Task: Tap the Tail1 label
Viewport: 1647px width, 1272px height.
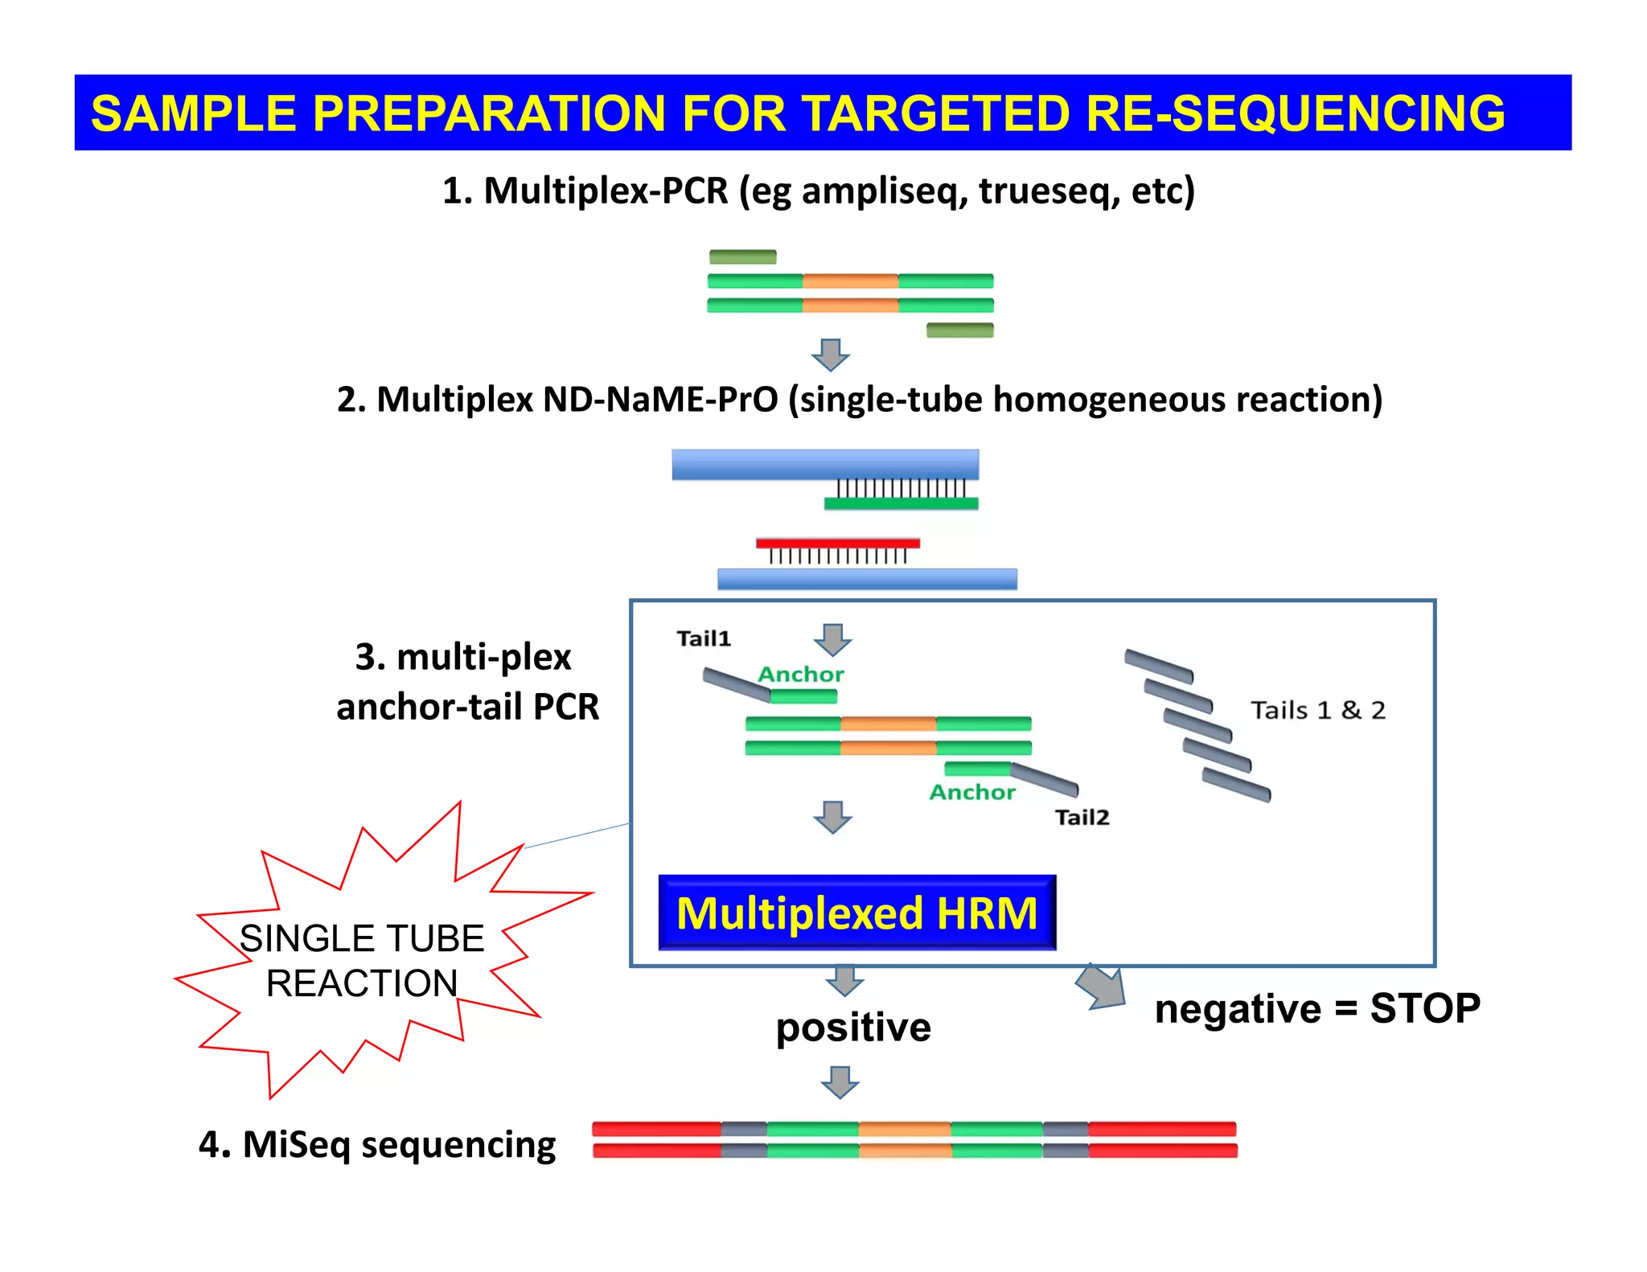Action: click(x=704, y=638)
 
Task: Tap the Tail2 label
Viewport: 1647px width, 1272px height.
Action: click(x=1082, y=817)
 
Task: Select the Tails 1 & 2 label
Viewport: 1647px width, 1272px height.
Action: click(x=1317, y=710)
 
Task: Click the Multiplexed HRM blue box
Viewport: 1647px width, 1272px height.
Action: click(x=856, y=913)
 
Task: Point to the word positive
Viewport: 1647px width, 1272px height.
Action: click(x=853, y=1028)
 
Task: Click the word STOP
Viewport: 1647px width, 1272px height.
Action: click(x=1424, y=1008)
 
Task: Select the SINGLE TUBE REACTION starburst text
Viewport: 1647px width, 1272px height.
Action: click(x=362, y=961)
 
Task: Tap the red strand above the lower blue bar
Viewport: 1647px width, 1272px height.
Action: click(x=837, y=544)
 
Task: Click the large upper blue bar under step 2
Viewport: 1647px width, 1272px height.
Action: click(x=825, y=465)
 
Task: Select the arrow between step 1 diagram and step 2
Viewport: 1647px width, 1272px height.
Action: click(x=831, y=354)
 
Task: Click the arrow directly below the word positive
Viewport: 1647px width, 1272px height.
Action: click(x=840, y=1082)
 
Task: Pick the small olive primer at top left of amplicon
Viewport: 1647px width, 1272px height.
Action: click(x=742, y=257)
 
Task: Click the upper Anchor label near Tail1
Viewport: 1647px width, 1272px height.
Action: click(x=801, y=674)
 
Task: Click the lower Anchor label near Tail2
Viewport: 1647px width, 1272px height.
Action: click(x=972, y=792)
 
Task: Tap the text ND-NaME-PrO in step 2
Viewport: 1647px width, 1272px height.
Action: click(x=660, y=400)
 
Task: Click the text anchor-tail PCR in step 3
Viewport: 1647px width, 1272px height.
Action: click(x=467, y=707)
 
